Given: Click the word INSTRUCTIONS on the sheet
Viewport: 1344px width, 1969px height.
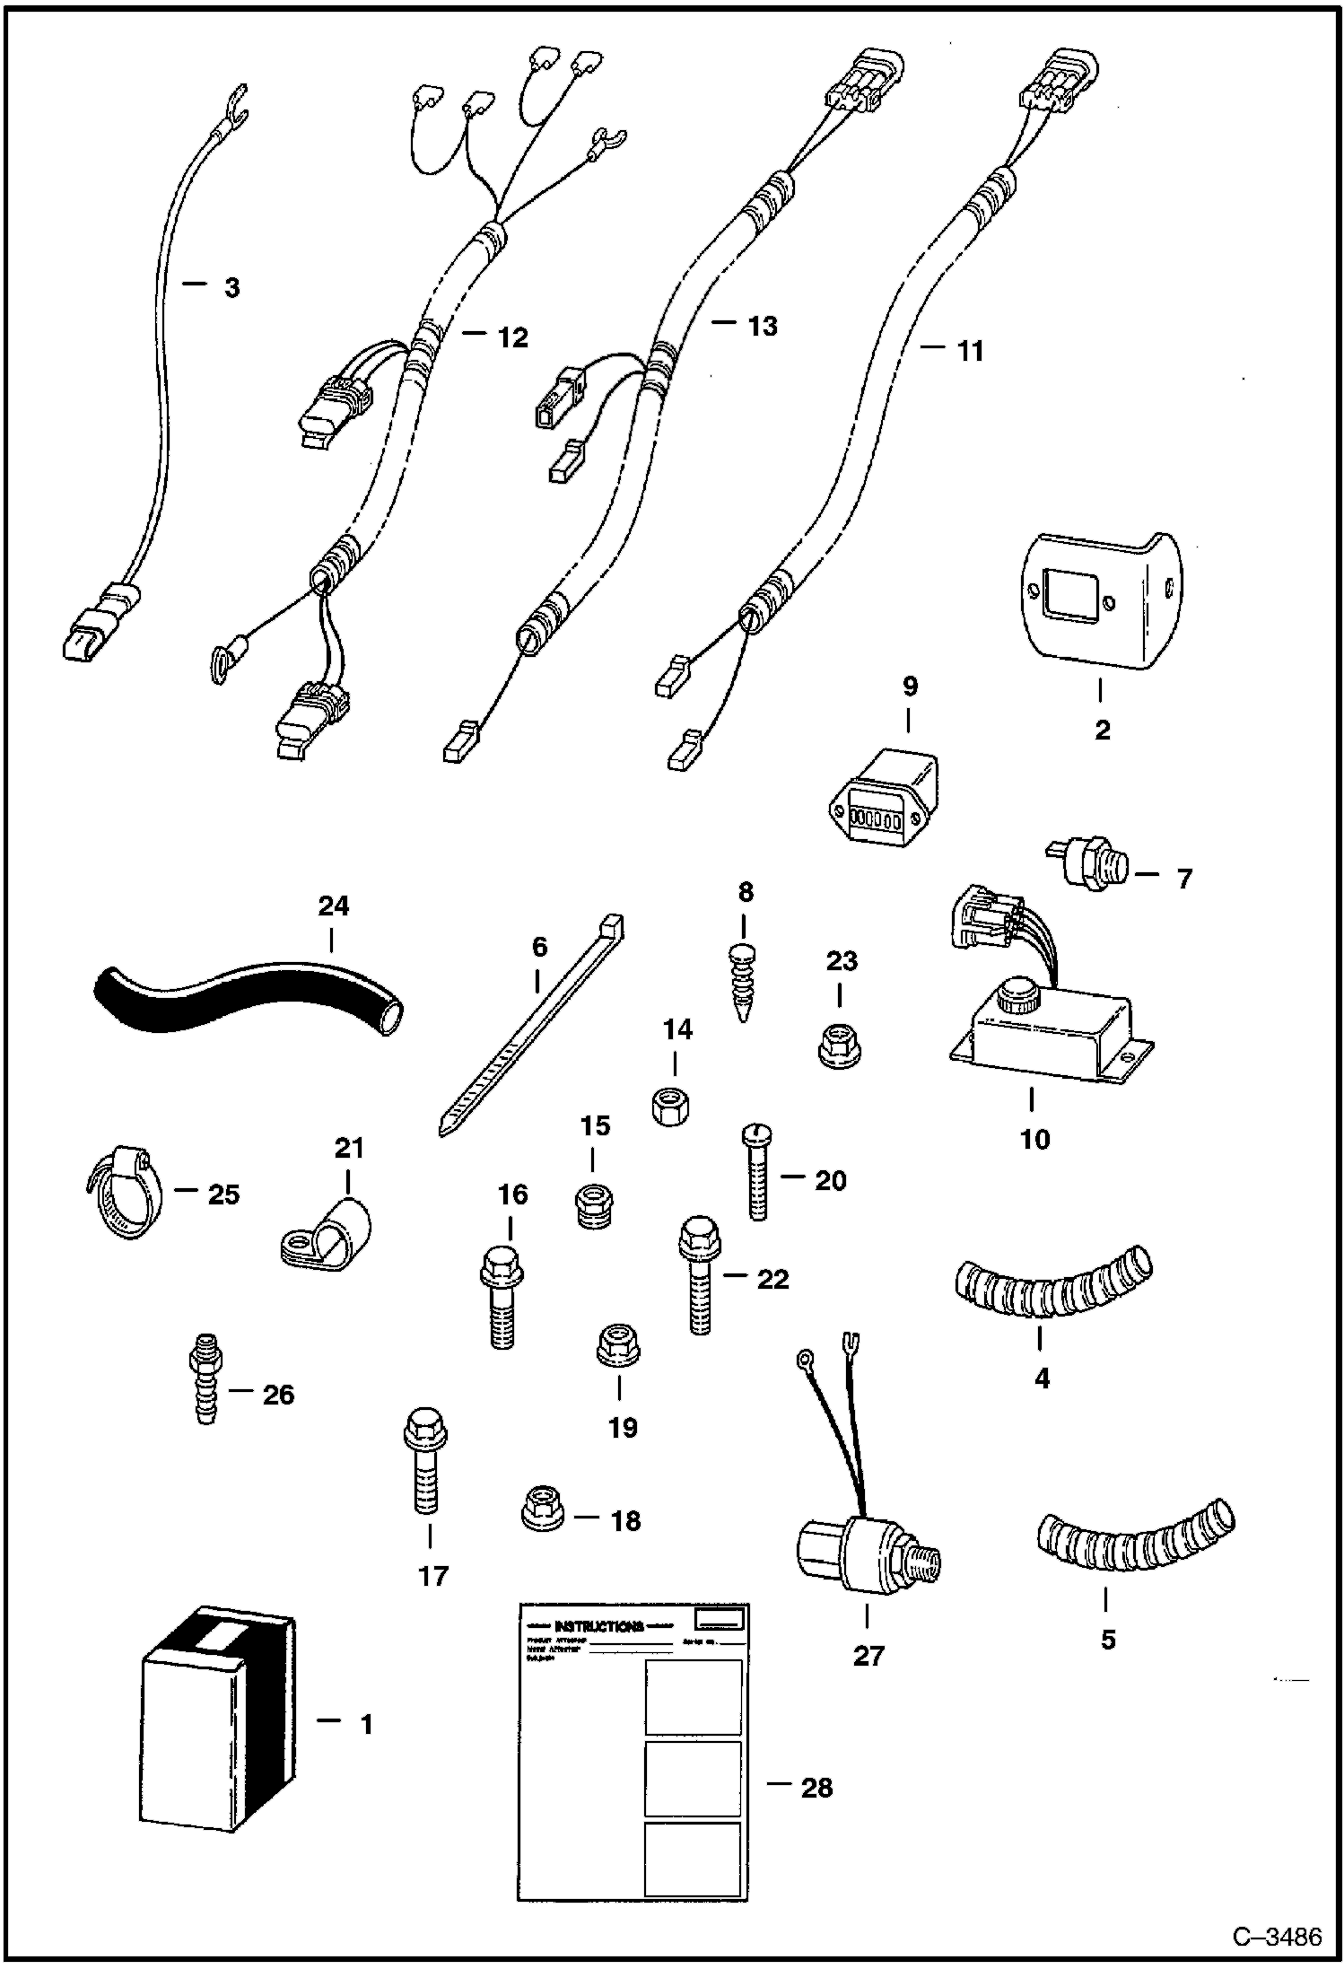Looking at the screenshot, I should tap(599, 1626).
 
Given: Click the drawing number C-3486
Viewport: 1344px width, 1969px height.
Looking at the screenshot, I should tap(1277, 1937).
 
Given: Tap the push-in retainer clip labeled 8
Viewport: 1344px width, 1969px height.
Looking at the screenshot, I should tap(745, 983).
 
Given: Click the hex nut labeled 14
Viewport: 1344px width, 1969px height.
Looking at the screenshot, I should tap(672, 1109).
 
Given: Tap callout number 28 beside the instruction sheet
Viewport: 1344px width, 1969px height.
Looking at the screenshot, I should tap(816, 1788).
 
